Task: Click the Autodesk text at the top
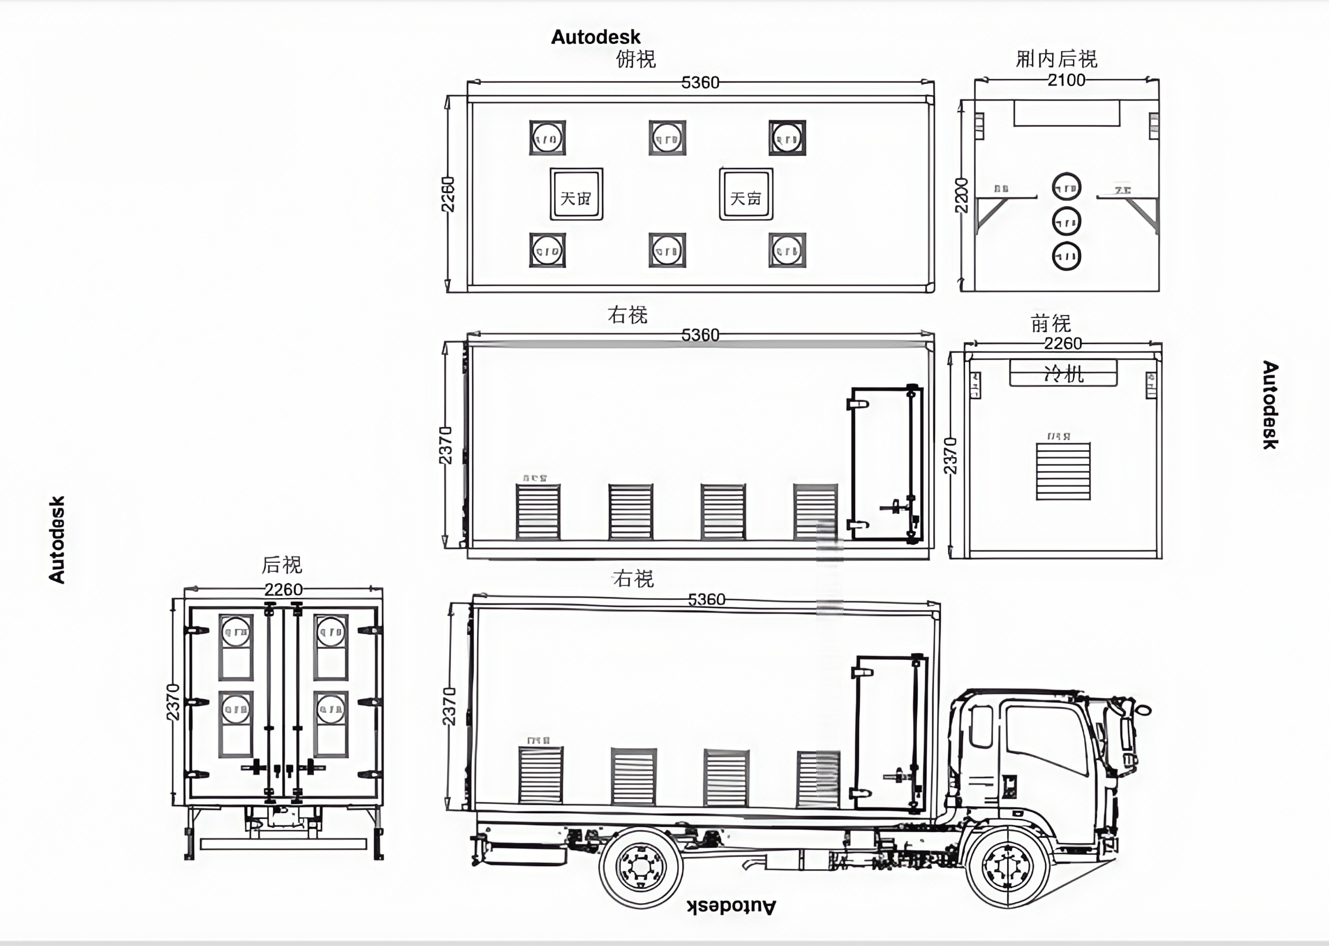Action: tap(595, 38)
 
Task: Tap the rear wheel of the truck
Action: tap(640, 867)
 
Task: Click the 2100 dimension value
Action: tap(1066, 80)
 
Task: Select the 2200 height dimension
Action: tap(961, 195)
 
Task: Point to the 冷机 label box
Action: tap(1063, 373)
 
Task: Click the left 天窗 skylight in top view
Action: tap(576, 195)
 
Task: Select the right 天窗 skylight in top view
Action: tap(746, 195)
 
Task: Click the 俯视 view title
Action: tap(636, 59)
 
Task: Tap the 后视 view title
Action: tap(282, 565)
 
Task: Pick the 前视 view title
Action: tap(1050, 323)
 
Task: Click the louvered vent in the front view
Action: tap(1063, 470)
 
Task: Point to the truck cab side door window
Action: tap(1045, 739)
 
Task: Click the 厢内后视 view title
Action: tap(1056, 59)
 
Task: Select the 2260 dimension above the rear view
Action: tap(283, 589)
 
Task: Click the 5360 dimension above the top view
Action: tap(700, 83)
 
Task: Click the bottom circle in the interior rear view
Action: tap(1066, 256)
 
